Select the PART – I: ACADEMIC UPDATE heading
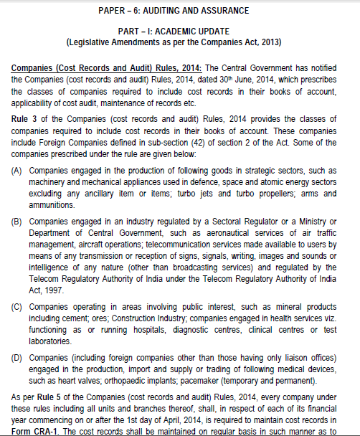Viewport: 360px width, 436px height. pos(179,32)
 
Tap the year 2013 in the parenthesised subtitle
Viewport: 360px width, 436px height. pos(270,43)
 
